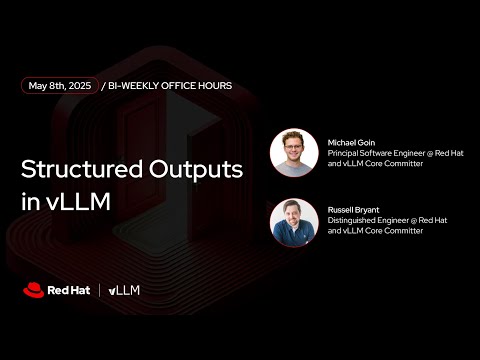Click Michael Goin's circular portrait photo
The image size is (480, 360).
click(x=294, y=153)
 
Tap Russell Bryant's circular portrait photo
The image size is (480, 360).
click(x=294, y=222)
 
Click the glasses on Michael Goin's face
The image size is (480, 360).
click(x=294, y=147)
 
